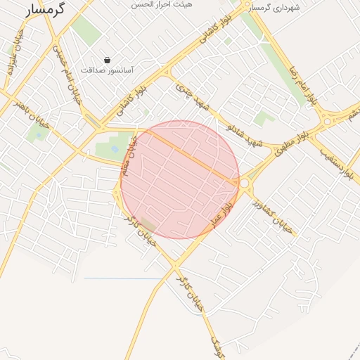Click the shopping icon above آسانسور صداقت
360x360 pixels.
pyautogui.click(x=107, y=60)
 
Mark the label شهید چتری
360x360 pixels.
pyautogui.click(x=193, y=98)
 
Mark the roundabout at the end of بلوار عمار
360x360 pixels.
pyautogui.click(x=245, y=184)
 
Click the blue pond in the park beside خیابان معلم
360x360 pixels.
pyautogui.click(x=115, y=149)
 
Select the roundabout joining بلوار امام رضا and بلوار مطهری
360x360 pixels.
pyautogui.click(x=328, y=121)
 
